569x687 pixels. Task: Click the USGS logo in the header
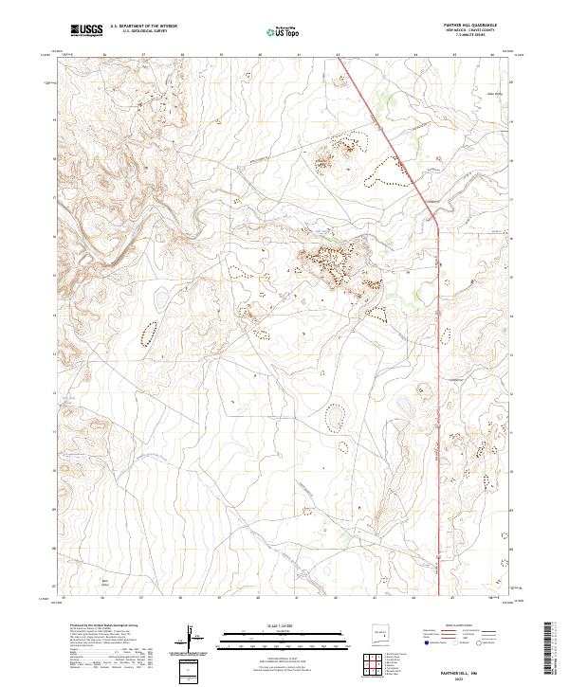click(x=86, y=30)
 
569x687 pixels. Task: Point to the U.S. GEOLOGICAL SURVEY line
click(x=138, y=32)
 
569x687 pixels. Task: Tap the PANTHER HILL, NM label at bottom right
click(x=473, y=670)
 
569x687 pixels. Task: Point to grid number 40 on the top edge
click(x=259, y=55)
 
